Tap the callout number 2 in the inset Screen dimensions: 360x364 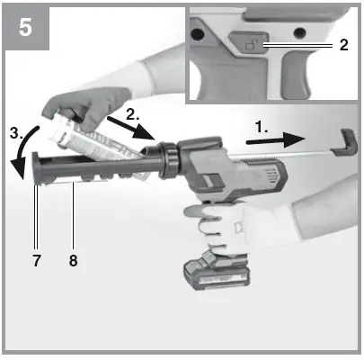click(x=344, y=44)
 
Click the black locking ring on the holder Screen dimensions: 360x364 click(x=168, y=158)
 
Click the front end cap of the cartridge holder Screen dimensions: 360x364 click(x=38, y=172)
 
